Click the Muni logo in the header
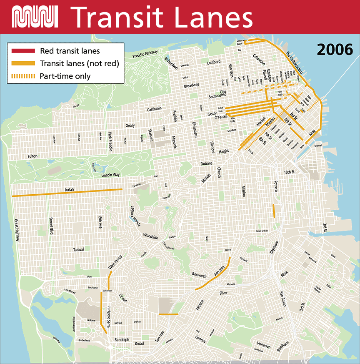pyautogui.click(x=35, y=16)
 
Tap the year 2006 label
pyautogui.click(x=335, y=50)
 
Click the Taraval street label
pyautogui.click(x=78, y=249)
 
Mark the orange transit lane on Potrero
pyautogui.click(x=274, y=211)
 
